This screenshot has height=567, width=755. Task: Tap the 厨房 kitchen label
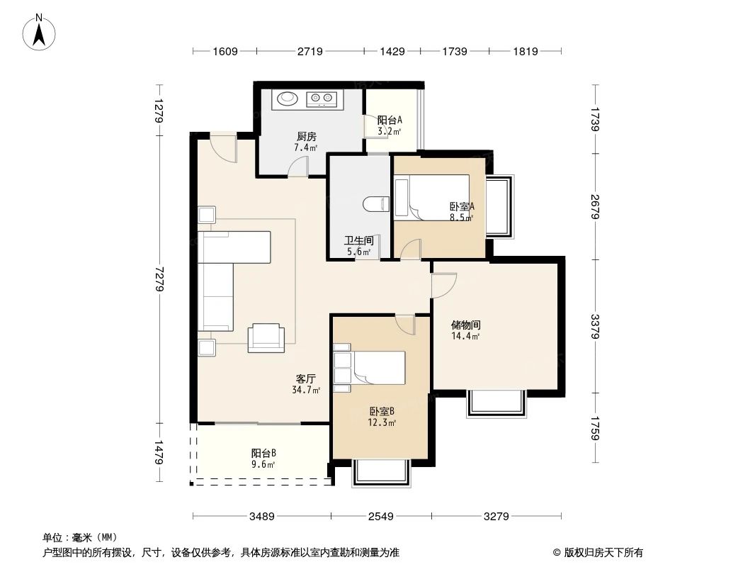[x=306, y=137]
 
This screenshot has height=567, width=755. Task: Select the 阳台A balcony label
[x=390, y=120]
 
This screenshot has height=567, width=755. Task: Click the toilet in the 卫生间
[x=375, y=204]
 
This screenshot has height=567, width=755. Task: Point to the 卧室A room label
[x=462, y=206]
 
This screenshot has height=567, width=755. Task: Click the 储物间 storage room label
[x=466, y=325]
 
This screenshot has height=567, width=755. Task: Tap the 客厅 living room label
[x=306, y=378]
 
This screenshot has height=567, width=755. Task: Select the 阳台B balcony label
[x=263, y=454]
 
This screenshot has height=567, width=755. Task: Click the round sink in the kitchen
[x=287, y=99]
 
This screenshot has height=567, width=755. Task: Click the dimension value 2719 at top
[x=310, y=51]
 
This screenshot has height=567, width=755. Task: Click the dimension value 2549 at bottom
[x=381, y=517]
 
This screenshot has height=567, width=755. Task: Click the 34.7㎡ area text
[x=306, y=390]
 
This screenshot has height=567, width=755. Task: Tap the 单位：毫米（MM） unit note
[x=80, y=537]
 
